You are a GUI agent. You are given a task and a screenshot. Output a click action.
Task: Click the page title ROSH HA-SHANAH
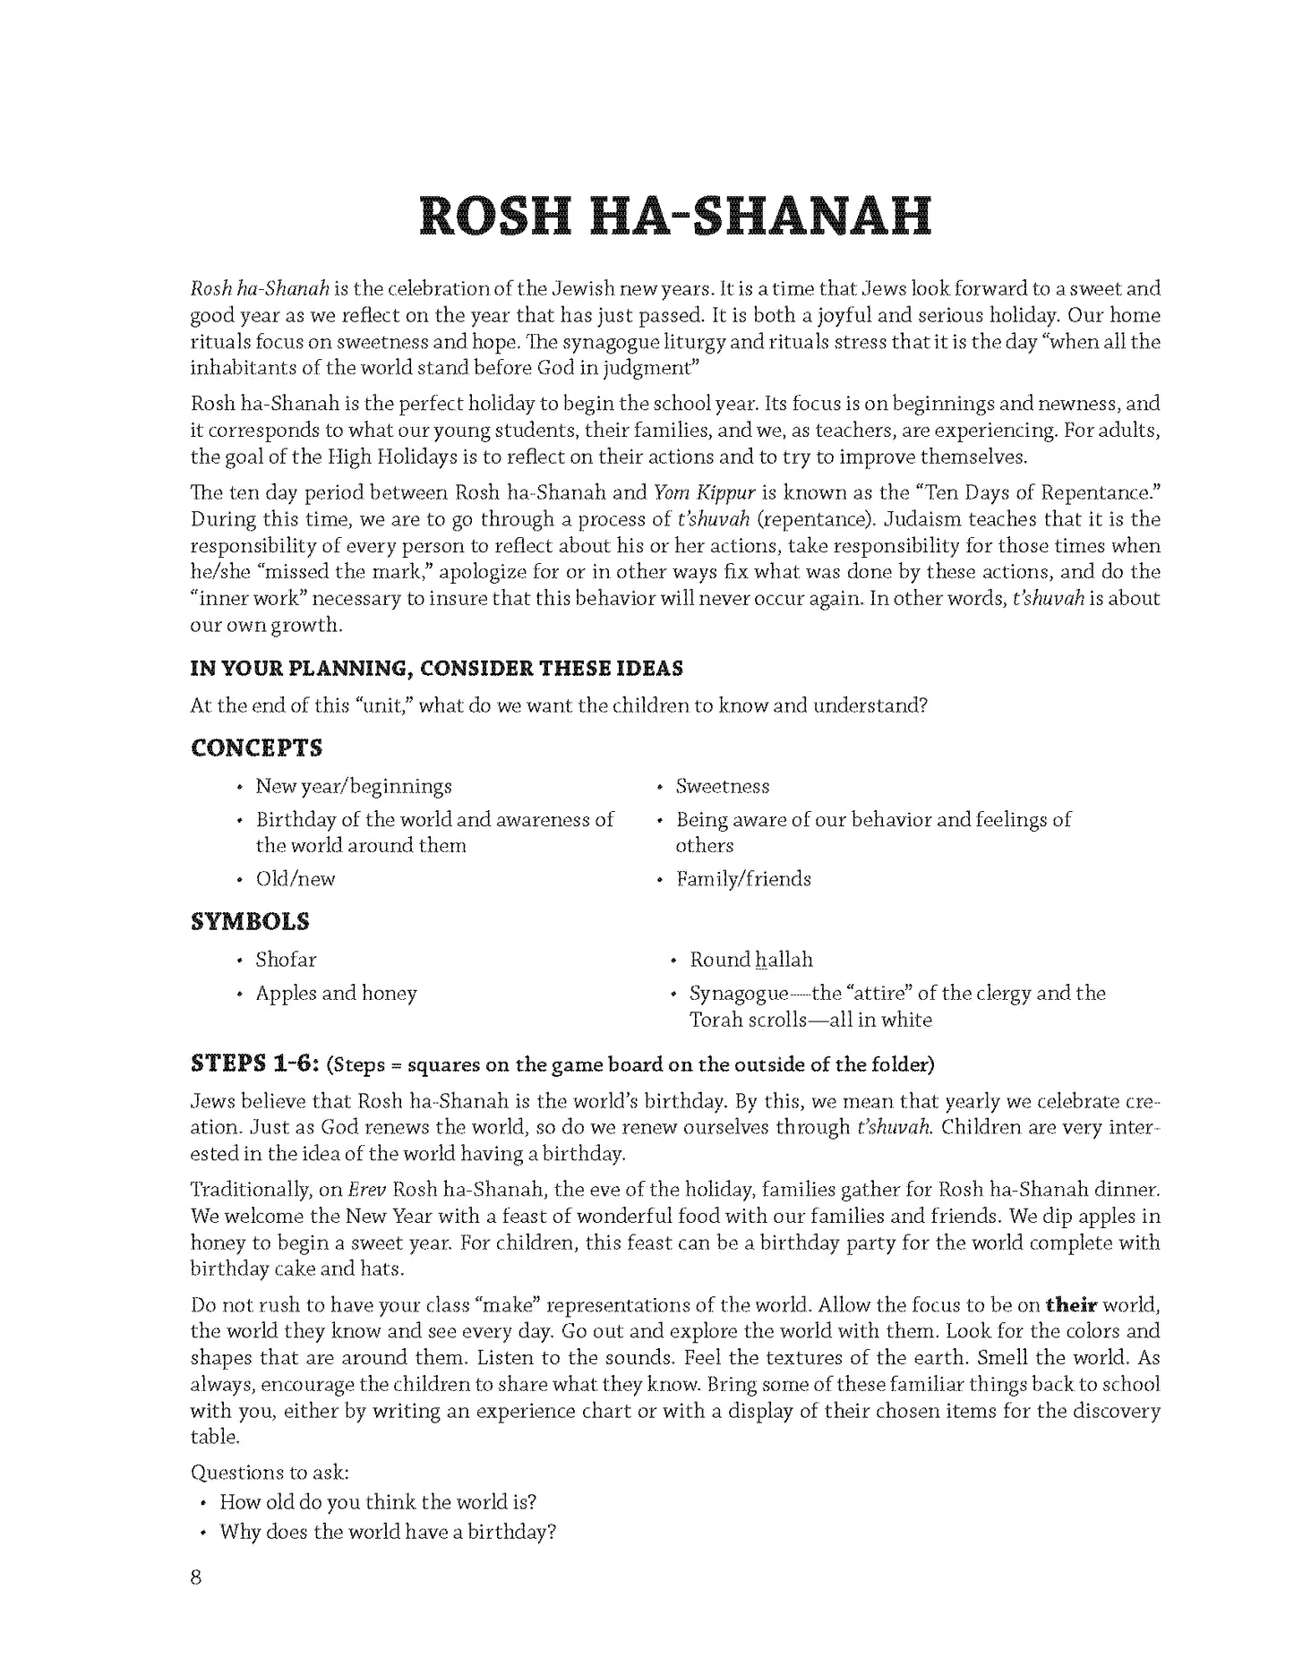pos(675,216)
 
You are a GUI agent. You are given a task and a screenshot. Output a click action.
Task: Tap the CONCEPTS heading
pos(256,747)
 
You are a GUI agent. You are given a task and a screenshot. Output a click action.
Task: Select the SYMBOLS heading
pos(250,921)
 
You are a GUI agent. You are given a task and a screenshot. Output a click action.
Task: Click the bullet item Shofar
pos(286,960)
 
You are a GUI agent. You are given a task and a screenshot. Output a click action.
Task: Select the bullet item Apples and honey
pos(336,993)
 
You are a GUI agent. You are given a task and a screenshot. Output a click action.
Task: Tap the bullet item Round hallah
pos(750,960)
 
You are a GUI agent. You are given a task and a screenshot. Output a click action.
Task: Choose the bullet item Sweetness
pos(722,786)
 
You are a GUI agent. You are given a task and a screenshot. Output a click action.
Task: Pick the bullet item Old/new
pos(295,878)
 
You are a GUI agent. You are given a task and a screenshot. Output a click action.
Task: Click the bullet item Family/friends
pos(742,878)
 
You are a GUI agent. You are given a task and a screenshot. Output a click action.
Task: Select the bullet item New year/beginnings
pos(353,786)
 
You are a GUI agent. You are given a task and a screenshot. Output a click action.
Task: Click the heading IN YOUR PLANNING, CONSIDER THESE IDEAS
pos(436,668)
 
